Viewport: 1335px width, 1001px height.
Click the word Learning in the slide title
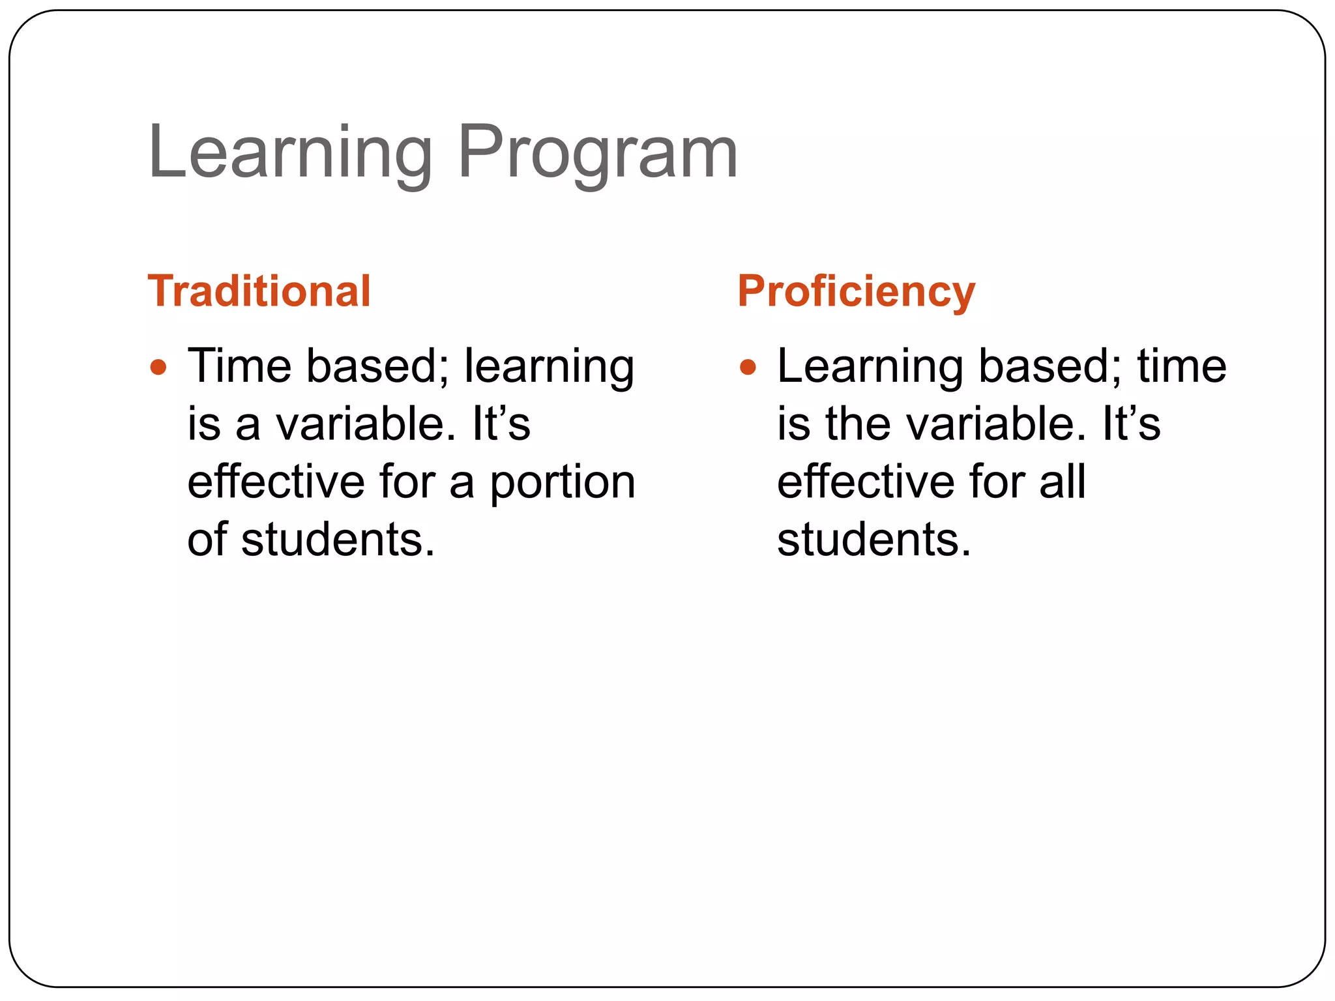point(290,154)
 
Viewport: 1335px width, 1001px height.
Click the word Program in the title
point(597,154)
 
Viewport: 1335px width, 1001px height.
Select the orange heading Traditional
point(259,291)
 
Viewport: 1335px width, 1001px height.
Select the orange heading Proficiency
point(856,291)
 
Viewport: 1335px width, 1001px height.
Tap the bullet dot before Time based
point(158,368)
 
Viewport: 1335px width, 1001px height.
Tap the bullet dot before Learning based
point(748,368)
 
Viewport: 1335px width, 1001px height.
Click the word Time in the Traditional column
point(239,366)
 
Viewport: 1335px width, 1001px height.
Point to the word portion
point(562,483)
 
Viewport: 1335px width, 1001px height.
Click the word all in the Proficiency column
point(1062,482)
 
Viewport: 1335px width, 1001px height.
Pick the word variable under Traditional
point(365,424)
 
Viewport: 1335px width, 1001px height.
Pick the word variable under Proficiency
point(997,424)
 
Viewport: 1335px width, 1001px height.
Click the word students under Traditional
point(338,540)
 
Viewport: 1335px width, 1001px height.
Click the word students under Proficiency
point(873,540)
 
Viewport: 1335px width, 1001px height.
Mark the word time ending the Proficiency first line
point(1181,366)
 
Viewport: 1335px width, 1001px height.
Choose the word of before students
point(207,540)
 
